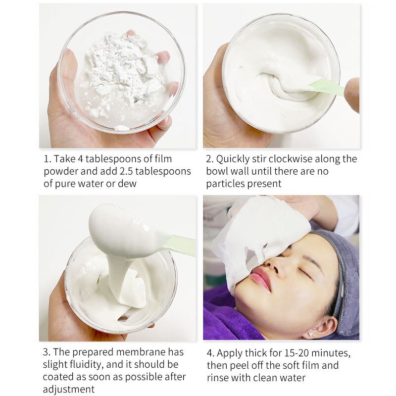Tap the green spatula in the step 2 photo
327,87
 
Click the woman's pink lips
261,279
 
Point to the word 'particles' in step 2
225,184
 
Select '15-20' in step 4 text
293,353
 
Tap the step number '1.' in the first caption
48,159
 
